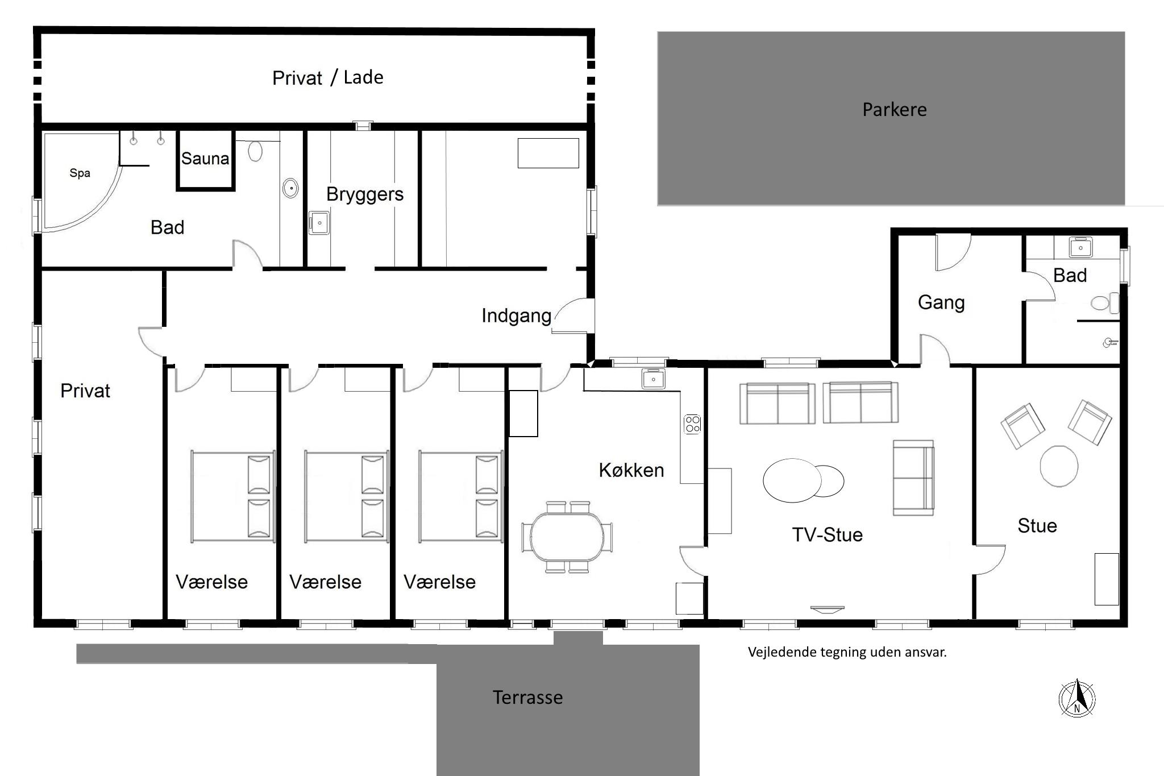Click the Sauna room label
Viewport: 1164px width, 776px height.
(205, 158)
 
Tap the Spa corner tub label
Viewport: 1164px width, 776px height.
(80, 173)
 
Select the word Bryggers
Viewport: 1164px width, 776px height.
(365, 194)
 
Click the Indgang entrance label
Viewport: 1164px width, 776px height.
(516, 316)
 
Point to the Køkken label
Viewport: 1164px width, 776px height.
(631, 470)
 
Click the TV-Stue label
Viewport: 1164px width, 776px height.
(828, 534)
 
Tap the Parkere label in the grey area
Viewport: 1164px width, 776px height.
(895, 109)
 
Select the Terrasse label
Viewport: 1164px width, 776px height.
(527, 697)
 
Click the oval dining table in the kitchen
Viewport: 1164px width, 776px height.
(568, 537)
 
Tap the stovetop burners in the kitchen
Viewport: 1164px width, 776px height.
(692, 424)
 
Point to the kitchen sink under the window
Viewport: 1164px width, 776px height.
(654, 379)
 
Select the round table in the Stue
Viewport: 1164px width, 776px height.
(1059, 466)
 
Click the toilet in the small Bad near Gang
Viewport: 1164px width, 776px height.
(1104, 303)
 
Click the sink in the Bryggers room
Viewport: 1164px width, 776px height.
(319, 223)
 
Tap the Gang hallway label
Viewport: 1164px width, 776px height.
(941, 302)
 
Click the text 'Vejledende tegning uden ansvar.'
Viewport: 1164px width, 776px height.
(847, 652)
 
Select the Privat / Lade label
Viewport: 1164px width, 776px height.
(328, 77)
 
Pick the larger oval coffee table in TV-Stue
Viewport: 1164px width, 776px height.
(792, 480)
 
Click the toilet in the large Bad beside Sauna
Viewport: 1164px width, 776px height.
(255, 151)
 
